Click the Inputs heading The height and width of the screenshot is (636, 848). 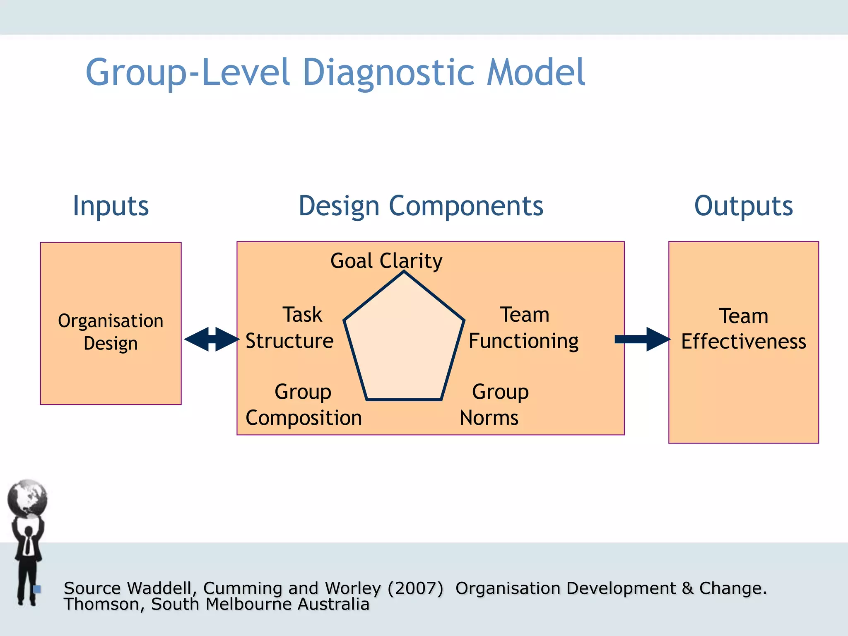[x=111, y=206]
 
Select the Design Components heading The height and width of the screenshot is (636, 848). [x=421, y=206]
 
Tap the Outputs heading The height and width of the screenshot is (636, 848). [x=743, y=206]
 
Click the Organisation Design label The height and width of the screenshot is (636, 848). [x=111, y=332]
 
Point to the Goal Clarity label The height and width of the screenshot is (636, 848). [x=386, y=261]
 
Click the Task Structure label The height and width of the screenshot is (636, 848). [x=290, y=328]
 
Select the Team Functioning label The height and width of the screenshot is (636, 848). [x=523, y=328]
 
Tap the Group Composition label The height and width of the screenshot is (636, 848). [x=304, y=405]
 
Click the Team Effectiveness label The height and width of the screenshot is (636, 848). [x=744, y=329]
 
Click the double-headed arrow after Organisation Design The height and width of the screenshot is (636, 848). [x=212, y=339]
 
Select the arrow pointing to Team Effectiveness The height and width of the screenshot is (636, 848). [x=643, y=339]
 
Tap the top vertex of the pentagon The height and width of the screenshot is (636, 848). [x=404, y=272]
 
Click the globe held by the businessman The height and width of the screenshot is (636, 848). [x=28, y=498]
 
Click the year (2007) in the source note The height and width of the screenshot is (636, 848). [x=415, y=588]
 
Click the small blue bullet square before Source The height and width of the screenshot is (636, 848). [x=37, y=589]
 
